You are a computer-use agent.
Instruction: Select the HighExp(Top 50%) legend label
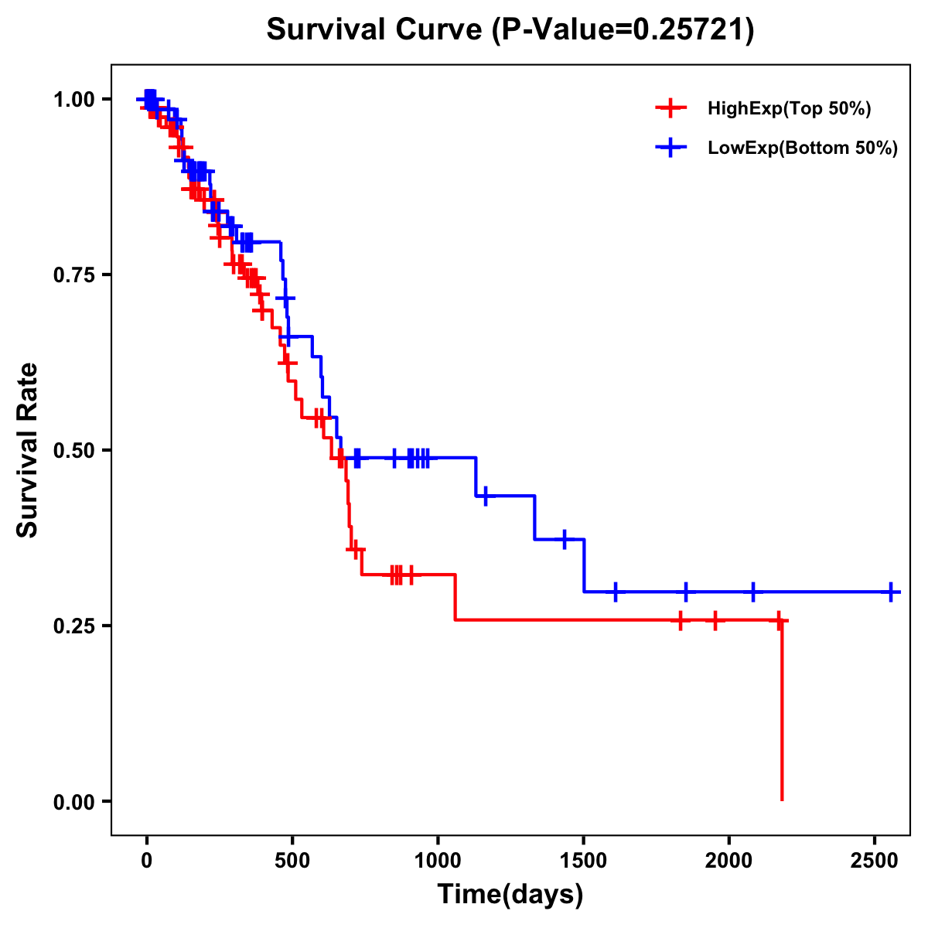(789, 109)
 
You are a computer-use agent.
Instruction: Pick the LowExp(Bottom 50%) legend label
(802, 148)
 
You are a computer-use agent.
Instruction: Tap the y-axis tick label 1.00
(74, 100)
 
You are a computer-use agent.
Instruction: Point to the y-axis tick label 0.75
(74, 275)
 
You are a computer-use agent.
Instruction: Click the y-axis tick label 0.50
(74, 451)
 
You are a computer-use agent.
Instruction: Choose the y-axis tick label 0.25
(74, 626)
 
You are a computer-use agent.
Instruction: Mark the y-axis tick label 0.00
(74, 802)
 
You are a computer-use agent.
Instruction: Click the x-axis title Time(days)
(510, 895)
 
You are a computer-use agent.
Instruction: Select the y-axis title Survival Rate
(29, 450)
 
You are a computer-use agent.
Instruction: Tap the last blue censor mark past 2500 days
(891, 592)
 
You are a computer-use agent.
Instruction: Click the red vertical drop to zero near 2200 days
(782, 711)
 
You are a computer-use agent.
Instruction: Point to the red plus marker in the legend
(670, 108)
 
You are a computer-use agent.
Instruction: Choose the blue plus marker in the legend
(670, 148)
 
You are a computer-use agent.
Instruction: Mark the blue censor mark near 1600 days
(616, 592)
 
